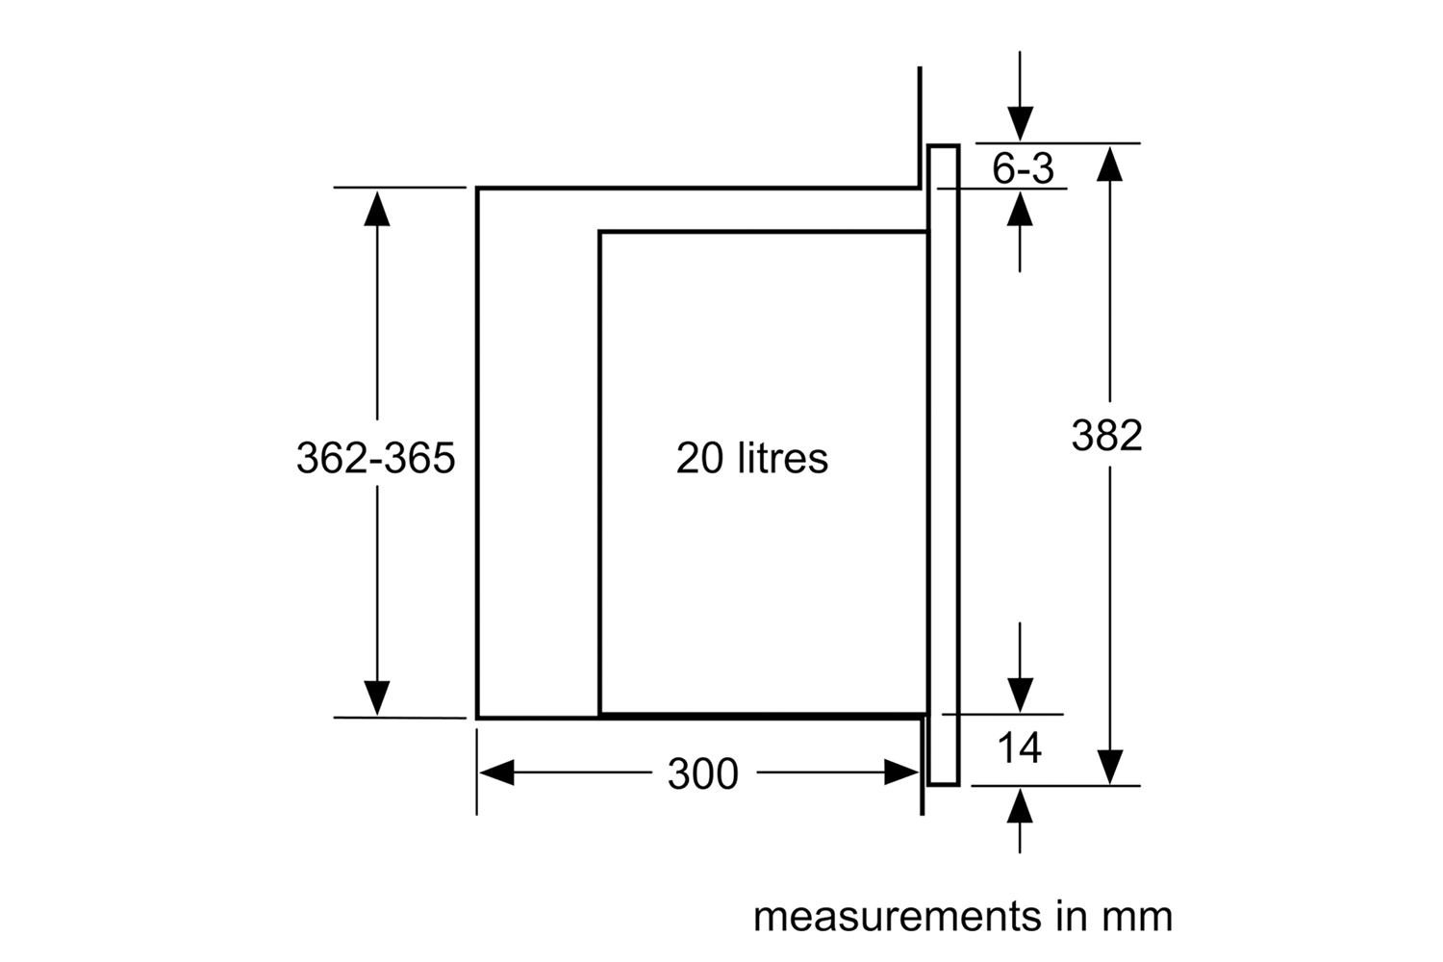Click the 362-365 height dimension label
click(375, 458)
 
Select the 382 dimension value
click(1106, 435)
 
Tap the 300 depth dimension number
click(703, 773)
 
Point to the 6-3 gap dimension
click(1023, 168)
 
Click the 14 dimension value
click(1019, 747)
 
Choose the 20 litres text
click(751, 458)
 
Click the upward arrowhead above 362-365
click(377, 208)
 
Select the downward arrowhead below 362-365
click(377, 697)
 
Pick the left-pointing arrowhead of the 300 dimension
click(496, 772)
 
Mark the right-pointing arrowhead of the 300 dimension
click(901, 772)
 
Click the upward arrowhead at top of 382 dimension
click(1110, 164)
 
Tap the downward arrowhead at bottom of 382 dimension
click(1110, 768)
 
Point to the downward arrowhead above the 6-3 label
click(1021, 124)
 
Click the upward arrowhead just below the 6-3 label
click(1020, 208)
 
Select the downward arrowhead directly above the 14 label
click(1020, 696)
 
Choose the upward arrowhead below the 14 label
click(1020, 806)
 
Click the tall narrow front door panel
click(944, 466)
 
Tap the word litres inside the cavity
click(782, 458)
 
